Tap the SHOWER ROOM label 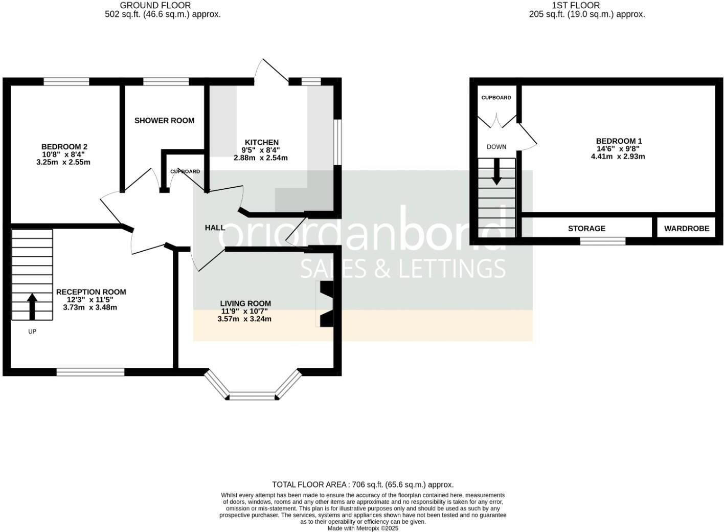[x=164, y=121]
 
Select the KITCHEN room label [x=261, y=143]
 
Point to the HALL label [x=215, y=228]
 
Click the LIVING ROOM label [x=245, y=303]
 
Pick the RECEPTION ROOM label [x=90, y=292]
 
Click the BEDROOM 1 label [x=619, y=141]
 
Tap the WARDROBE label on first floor [x=686, y=229]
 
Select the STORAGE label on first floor [x=586, y=229]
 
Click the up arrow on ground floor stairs [x=32, y=306]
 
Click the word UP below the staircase [x=32, y=331]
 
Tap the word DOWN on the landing [x=496, y=147]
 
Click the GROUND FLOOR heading [x=155, y=6]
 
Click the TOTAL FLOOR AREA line [x=363, y=484]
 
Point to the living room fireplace [x=326, y=304]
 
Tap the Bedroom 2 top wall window [x=66, y=81]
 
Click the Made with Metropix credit [x=363, y=528]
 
